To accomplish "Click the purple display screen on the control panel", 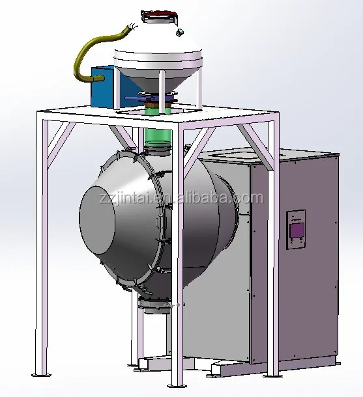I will pos(297,230).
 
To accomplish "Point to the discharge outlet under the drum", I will pos(156,306).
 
